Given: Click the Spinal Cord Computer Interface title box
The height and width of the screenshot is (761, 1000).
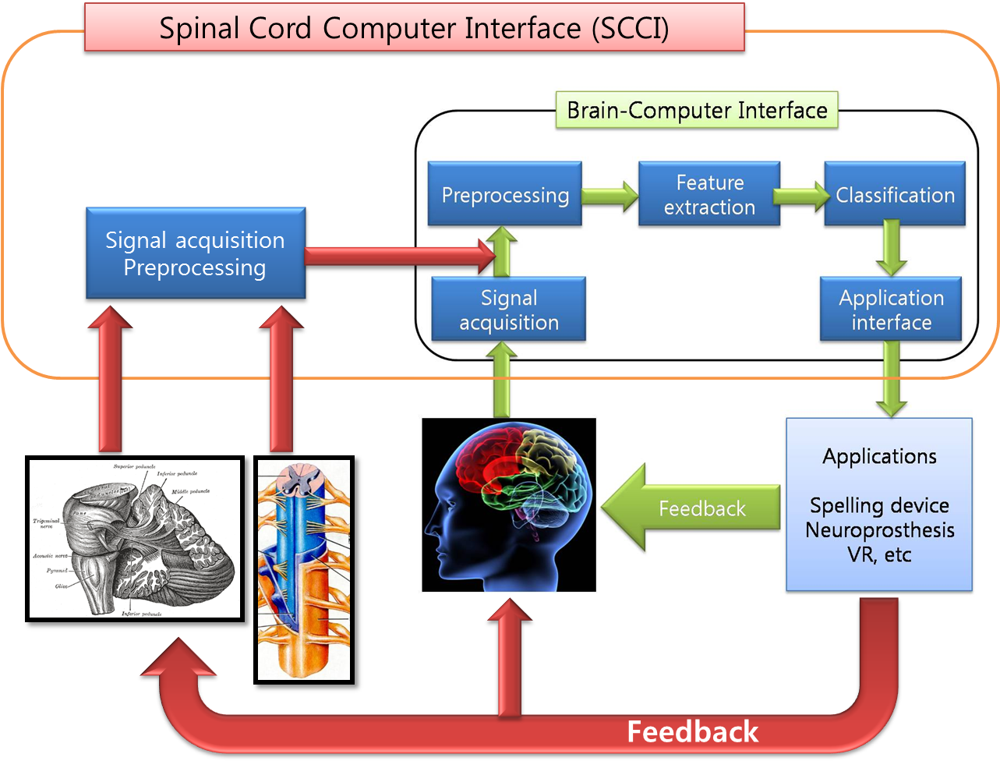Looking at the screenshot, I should [x=414, y=28].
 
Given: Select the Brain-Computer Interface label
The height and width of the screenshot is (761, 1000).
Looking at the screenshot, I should [x=697, y=110].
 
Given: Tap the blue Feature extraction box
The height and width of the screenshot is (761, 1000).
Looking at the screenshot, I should [x=709, y=194].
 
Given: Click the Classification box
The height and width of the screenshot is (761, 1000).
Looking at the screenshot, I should [x=895, y=194].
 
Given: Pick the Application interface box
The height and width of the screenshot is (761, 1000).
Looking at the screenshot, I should [x=891, y=310].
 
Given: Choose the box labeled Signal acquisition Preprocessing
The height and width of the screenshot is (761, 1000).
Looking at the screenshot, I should [x=195, y=253].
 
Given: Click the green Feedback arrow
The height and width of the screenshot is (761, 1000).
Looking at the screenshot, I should [x=694, y=508].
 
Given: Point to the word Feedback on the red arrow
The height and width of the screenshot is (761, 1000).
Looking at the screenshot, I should [x=692, y=731].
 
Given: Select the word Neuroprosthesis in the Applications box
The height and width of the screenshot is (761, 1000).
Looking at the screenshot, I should [x=879, y=530].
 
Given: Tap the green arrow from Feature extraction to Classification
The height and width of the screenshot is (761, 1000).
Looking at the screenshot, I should [x=801, y=195].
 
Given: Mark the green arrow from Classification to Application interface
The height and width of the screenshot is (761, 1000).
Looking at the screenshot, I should [x=891, y=248].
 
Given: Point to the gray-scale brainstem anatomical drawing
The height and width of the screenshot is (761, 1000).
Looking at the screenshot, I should [x=134, y=538].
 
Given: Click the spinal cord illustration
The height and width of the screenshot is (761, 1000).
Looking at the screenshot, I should [x=303, y=569].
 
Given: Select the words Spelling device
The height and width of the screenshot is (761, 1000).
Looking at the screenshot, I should [x=879, y=505].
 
